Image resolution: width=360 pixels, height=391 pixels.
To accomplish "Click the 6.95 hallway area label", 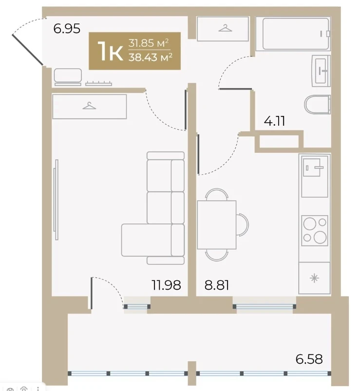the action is (x=67, y=28).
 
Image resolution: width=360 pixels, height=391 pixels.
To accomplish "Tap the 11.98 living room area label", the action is (x=167, y=285).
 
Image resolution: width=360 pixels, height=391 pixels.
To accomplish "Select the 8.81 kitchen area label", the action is (x=217, y=285).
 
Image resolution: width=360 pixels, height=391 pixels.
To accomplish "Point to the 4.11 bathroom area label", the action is (x=274, y=121).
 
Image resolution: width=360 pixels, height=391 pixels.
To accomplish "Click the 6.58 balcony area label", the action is (x=309, y=359).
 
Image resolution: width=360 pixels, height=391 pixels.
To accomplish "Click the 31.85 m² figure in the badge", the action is (x=149, y=43).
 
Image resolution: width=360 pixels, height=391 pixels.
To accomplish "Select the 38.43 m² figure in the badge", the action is (x=151, y=57).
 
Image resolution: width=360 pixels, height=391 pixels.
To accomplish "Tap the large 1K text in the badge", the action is (x=110, y=51).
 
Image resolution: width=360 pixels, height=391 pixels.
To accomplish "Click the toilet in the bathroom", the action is (x=317, y=104).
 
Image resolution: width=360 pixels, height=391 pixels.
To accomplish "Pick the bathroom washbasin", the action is (x=322, y=71).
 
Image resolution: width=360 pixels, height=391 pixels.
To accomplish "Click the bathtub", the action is (x=296, y=34).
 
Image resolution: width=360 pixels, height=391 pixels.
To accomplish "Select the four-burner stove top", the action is (x=315, y=231).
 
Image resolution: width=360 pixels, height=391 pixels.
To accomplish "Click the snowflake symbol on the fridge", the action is (x=314, y=278).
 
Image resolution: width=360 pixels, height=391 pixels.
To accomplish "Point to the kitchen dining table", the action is (x=217, y=224).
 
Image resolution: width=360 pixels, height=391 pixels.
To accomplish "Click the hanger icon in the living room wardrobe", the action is (x=89, y=106).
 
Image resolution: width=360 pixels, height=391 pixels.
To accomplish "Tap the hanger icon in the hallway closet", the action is (x=225, y=28).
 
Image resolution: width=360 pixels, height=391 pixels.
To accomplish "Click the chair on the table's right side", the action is (x=243, y=224).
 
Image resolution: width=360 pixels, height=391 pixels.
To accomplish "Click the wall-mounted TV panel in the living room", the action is (x=56, y=200).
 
